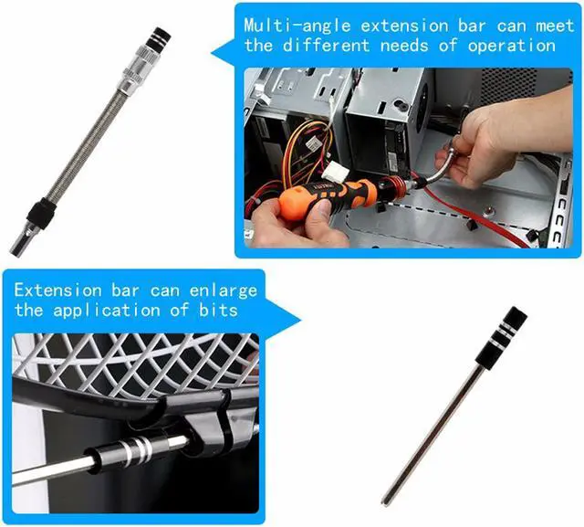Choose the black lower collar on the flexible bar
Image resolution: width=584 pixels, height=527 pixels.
[41, 215]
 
